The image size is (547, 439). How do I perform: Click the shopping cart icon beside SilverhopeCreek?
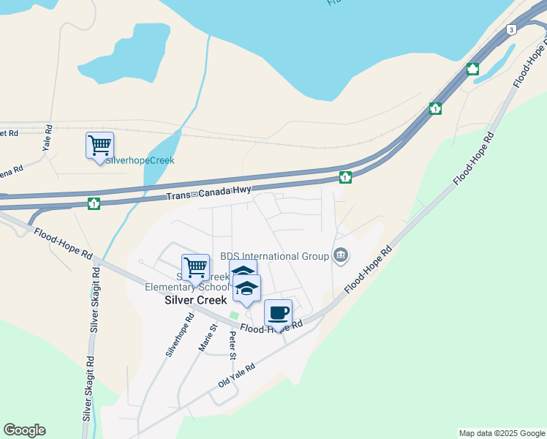point(99,145)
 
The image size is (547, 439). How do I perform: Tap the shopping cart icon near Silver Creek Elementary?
point(195,268)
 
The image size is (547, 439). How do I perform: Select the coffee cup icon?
point(278,313)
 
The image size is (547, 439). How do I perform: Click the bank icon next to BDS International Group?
point(341,255)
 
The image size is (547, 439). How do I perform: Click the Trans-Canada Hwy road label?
point(208,194)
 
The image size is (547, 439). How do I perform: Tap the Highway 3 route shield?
point(511,29)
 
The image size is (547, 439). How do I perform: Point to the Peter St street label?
point(233,343)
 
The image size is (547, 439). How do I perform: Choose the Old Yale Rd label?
point(236,376)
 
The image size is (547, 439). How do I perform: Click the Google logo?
point(24,430)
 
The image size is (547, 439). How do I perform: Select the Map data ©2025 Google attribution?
point(502,433)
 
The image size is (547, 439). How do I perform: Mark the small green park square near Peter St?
point(234,316)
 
